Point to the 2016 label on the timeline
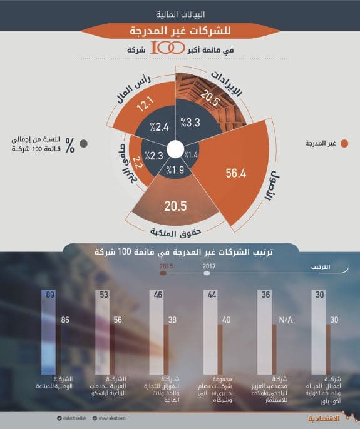166,266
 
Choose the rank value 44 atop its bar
213,295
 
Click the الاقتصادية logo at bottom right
326,418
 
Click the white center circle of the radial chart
177,150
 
